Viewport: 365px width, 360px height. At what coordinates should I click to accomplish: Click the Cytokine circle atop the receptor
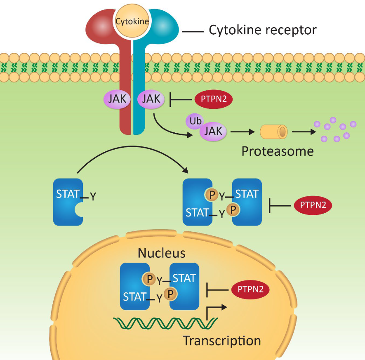tap(132, 21)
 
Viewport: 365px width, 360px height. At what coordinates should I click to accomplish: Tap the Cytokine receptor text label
tap(263, 30)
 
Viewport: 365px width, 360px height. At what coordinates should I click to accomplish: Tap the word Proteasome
tap(277, 151)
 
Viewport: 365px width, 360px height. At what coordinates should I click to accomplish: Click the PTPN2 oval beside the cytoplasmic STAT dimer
tap(313, 205)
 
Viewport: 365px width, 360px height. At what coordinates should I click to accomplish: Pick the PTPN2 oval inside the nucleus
tap(250, 290)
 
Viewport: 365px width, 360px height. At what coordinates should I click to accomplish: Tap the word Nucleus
tap(162, 253)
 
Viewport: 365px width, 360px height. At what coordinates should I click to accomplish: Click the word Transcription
tap(222, 341)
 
